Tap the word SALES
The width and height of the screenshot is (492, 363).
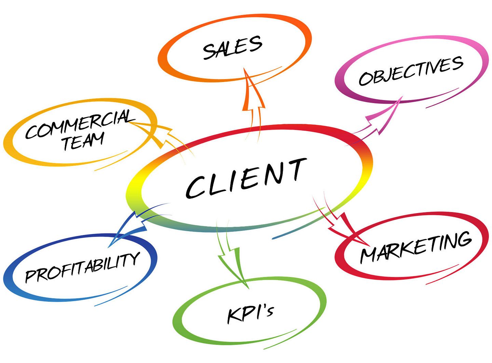pos(232,47)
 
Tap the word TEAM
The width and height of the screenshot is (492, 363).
pos(83,141)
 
